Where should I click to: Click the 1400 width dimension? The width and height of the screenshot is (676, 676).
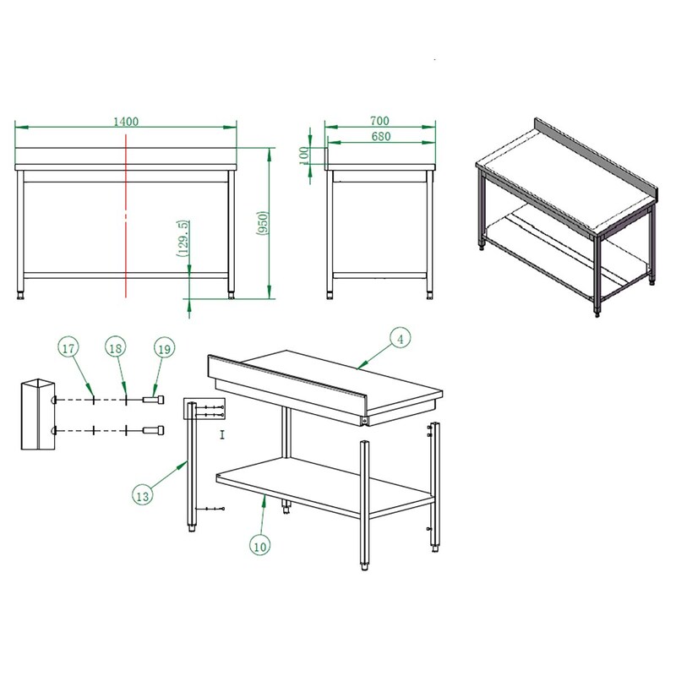click(126, 122)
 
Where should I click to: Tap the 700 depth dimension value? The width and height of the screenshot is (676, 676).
click(379, 121)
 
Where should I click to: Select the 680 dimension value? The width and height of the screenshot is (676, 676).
click(381, 136)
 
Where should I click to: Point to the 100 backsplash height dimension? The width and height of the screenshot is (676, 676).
click(304, 155)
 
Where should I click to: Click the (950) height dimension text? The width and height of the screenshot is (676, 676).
click(263, 223)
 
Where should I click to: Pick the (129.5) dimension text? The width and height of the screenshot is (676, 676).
click(183, 238)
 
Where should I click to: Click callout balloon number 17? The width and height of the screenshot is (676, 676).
click(68, 348)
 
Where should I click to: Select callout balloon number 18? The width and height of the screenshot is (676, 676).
click(116, 348)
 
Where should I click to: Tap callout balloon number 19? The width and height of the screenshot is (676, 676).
click(165, 349)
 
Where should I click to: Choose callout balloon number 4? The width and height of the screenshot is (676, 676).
click(401, 340)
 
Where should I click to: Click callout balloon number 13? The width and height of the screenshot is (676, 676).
click(142, 496)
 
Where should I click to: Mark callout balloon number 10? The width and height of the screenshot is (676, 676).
click(260, 547)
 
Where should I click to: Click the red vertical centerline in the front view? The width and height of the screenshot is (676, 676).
click(126, 215)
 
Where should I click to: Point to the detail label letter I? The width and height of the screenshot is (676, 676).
click(222, 434)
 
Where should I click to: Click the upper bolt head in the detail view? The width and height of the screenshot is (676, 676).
click(154, 400)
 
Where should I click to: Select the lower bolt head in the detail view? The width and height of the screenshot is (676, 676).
click(154, 430)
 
